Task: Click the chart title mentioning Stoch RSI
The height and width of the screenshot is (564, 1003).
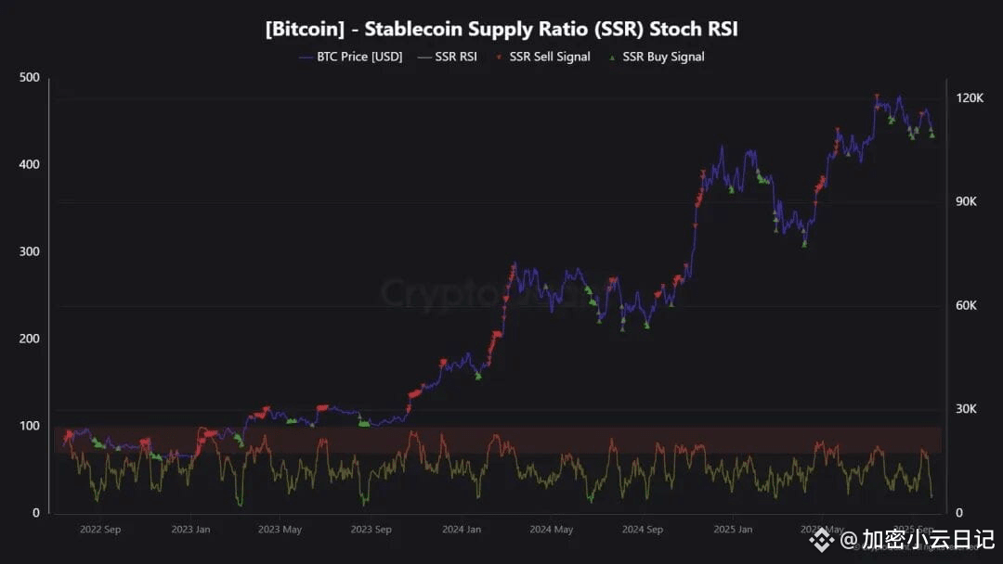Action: click(x=501, y=29)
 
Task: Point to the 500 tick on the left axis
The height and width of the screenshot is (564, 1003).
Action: click(x=30, y=77)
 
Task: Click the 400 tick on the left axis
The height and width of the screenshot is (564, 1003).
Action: click(x=30, y=164)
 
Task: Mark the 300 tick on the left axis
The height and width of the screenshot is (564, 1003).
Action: click(x=30, y=251)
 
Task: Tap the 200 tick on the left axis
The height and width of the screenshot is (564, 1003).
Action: click(x=30, y=339)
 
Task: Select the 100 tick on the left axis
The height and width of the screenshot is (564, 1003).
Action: click(x=30, y=426)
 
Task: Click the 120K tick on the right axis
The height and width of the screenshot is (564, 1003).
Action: click(x=970, y=98)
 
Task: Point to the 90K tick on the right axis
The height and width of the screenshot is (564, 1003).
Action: click(x=969, y=202)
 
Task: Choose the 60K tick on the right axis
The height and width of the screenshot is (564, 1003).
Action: click(x=969, y=306)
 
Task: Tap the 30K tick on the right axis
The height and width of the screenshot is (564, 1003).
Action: click(x=969, y=409)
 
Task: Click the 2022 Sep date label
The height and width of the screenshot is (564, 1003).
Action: click(x=100, y=530)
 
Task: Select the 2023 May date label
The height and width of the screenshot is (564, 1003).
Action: click(x=280, y=530)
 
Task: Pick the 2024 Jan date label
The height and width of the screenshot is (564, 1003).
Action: click(x=462, y=530)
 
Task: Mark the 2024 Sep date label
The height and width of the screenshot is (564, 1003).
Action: click(x=643, y=530)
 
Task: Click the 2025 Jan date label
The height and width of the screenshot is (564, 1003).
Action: click(x=733, y=530)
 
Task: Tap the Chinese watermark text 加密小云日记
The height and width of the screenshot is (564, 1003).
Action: click(x=928, y=539)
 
